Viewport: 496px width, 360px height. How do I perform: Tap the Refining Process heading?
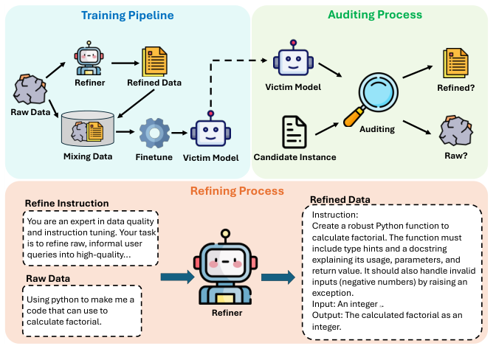coord(237,190)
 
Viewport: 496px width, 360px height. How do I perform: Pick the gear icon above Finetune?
coord(155,133)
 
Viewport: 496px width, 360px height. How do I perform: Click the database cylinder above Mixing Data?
coord(88,130)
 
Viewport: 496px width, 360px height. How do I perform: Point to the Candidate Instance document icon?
coord(296,131)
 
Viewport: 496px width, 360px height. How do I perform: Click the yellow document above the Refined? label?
coord(455,63)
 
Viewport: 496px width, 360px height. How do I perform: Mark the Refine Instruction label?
coord(66,204)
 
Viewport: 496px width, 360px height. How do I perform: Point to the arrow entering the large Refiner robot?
coord(177,277)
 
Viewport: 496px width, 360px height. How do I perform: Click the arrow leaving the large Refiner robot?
coord(278,277)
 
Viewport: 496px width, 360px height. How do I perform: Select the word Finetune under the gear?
coord(155,156)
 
